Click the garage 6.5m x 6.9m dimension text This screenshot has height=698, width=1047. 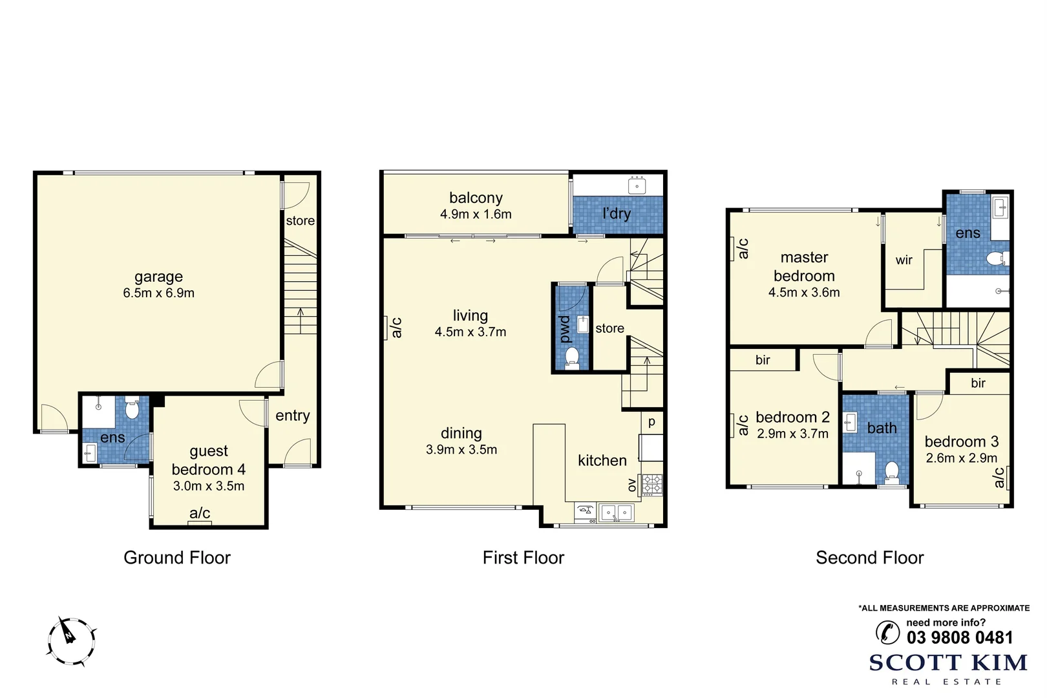158,293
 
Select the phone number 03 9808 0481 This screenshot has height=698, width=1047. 960,638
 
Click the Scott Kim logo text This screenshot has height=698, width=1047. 948,662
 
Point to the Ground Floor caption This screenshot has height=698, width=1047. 177,558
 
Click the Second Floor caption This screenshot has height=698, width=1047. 869,558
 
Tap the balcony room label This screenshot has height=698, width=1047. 476,198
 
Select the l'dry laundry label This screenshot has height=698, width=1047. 616,213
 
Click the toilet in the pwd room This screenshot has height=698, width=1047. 571,357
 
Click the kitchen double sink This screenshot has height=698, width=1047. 616,513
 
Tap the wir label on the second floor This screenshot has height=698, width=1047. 904,260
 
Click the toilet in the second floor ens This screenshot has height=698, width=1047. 995,260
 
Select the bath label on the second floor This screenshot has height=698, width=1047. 882,428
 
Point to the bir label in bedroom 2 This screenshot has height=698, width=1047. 763,360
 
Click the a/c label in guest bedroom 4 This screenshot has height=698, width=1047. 200,513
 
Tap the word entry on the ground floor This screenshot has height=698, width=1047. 292,416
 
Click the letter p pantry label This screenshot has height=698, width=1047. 651,422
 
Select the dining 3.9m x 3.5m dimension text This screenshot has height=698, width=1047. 461,450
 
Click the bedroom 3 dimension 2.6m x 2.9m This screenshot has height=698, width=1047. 961,458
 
